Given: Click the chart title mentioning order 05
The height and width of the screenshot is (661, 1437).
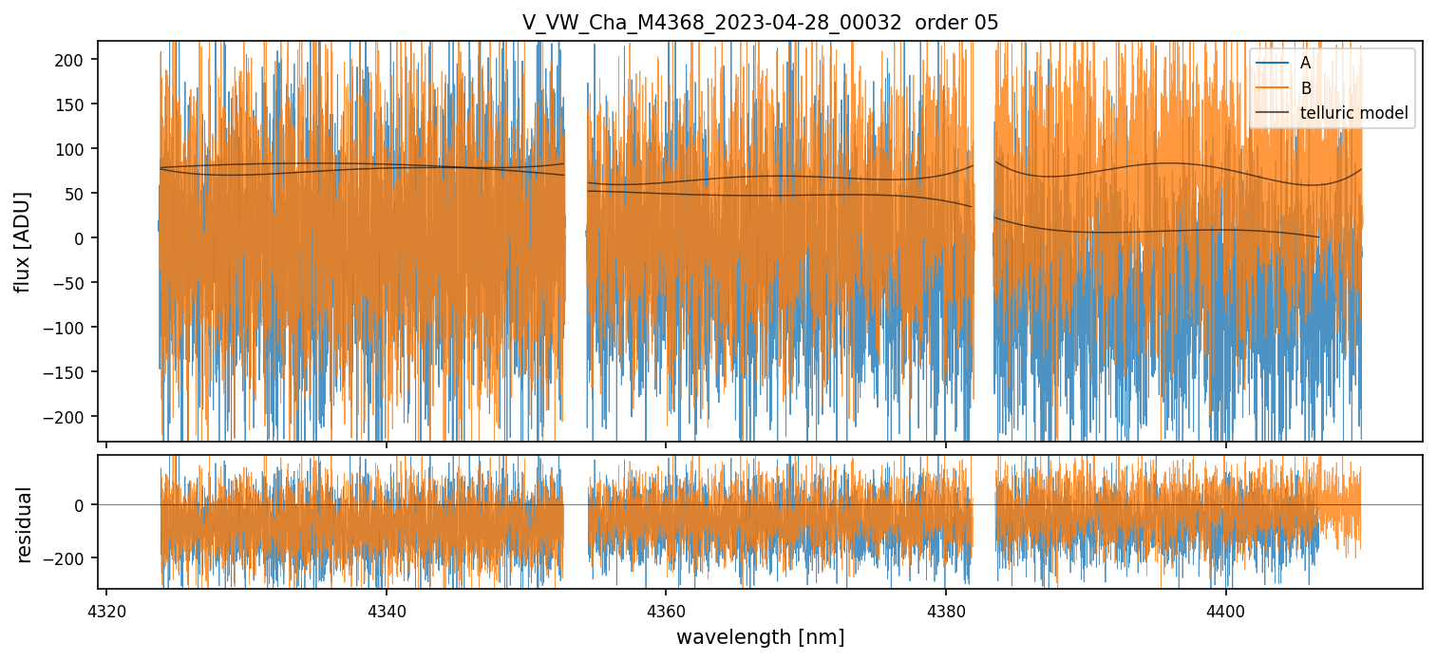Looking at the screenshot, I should (x=760, y=23).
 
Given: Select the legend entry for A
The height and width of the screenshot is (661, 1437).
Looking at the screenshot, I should (x=1305, y=63).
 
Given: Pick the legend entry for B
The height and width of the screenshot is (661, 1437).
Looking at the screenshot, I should (x=1305, y=88).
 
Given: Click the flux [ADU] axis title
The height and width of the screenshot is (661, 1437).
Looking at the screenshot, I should (x=22, y=241).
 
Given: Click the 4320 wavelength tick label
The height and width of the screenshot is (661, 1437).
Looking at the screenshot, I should (x=106, y=610).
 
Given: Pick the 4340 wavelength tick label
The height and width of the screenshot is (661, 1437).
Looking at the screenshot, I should (x=386, y=610).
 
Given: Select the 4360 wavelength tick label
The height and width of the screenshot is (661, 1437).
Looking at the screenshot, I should (x=666, y=610).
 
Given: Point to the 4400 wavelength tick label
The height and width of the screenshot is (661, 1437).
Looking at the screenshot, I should (x=1225, y=610).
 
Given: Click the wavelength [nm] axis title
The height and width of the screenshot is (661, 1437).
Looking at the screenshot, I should (x=760, y=636).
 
